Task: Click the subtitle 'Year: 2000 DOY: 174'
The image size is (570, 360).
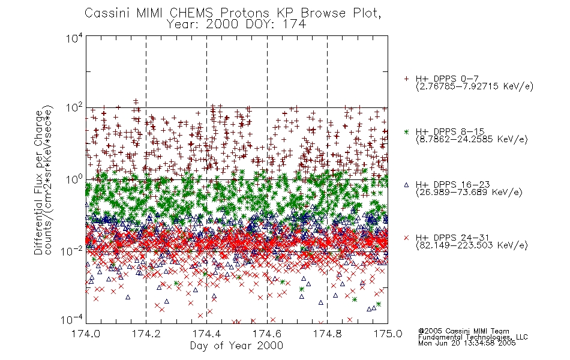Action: [x=236, y=25]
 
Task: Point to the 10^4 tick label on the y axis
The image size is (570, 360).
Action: [x=74, y=38]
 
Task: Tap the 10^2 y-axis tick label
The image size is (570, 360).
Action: [x=74, y=108]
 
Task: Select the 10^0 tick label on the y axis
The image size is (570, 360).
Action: [x=74, y=180]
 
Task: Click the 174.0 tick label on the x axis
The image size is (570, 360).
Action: [x=86, y=334]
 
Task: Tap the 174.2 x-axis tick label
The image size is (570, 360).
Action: [x=146, y=334]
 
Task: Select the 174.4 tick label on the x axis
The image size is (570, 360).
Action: [x=206, y=334]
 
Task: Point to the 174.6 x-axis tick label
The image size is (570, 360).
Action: [x=267, y=334]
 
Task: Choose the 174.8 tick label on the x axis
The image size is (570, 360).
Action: [x=328, y=334]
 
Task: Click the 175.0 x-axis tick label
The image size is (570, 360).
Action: [x=388, y=334]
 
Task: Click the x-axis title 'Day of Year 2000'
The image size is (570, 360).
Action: [x=236, y=346]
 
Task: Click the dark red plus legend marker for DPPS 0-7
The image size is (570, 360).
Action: [x=407, y=79]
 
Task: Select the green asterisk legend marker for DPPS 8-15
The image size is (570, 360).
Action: [x=407, y=132]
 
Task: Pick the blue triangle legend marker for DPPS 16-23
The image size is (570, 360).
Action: [x=407, y=185]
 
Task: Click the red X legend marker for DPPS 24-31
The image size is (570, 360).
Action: [x=407, y=238]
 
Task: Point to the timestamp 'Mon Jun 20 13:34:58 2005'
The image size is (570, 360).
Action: [x=467, y=343]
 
